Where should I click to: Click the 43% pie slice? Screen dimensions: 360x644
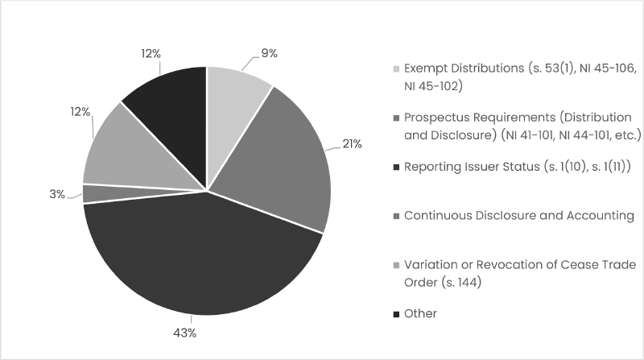(201, 258)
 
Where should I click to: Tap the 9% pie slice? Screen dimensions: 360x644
(233, 97)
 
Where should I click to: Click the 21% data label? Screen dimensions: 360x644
(352, 144)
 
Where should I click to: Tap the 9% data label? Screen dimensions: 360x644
(269, 53)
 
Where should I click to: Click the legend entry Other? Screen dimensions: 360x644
(420, 313)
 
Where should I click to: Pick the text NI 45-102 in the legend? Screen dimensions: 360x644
(433, 85)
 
